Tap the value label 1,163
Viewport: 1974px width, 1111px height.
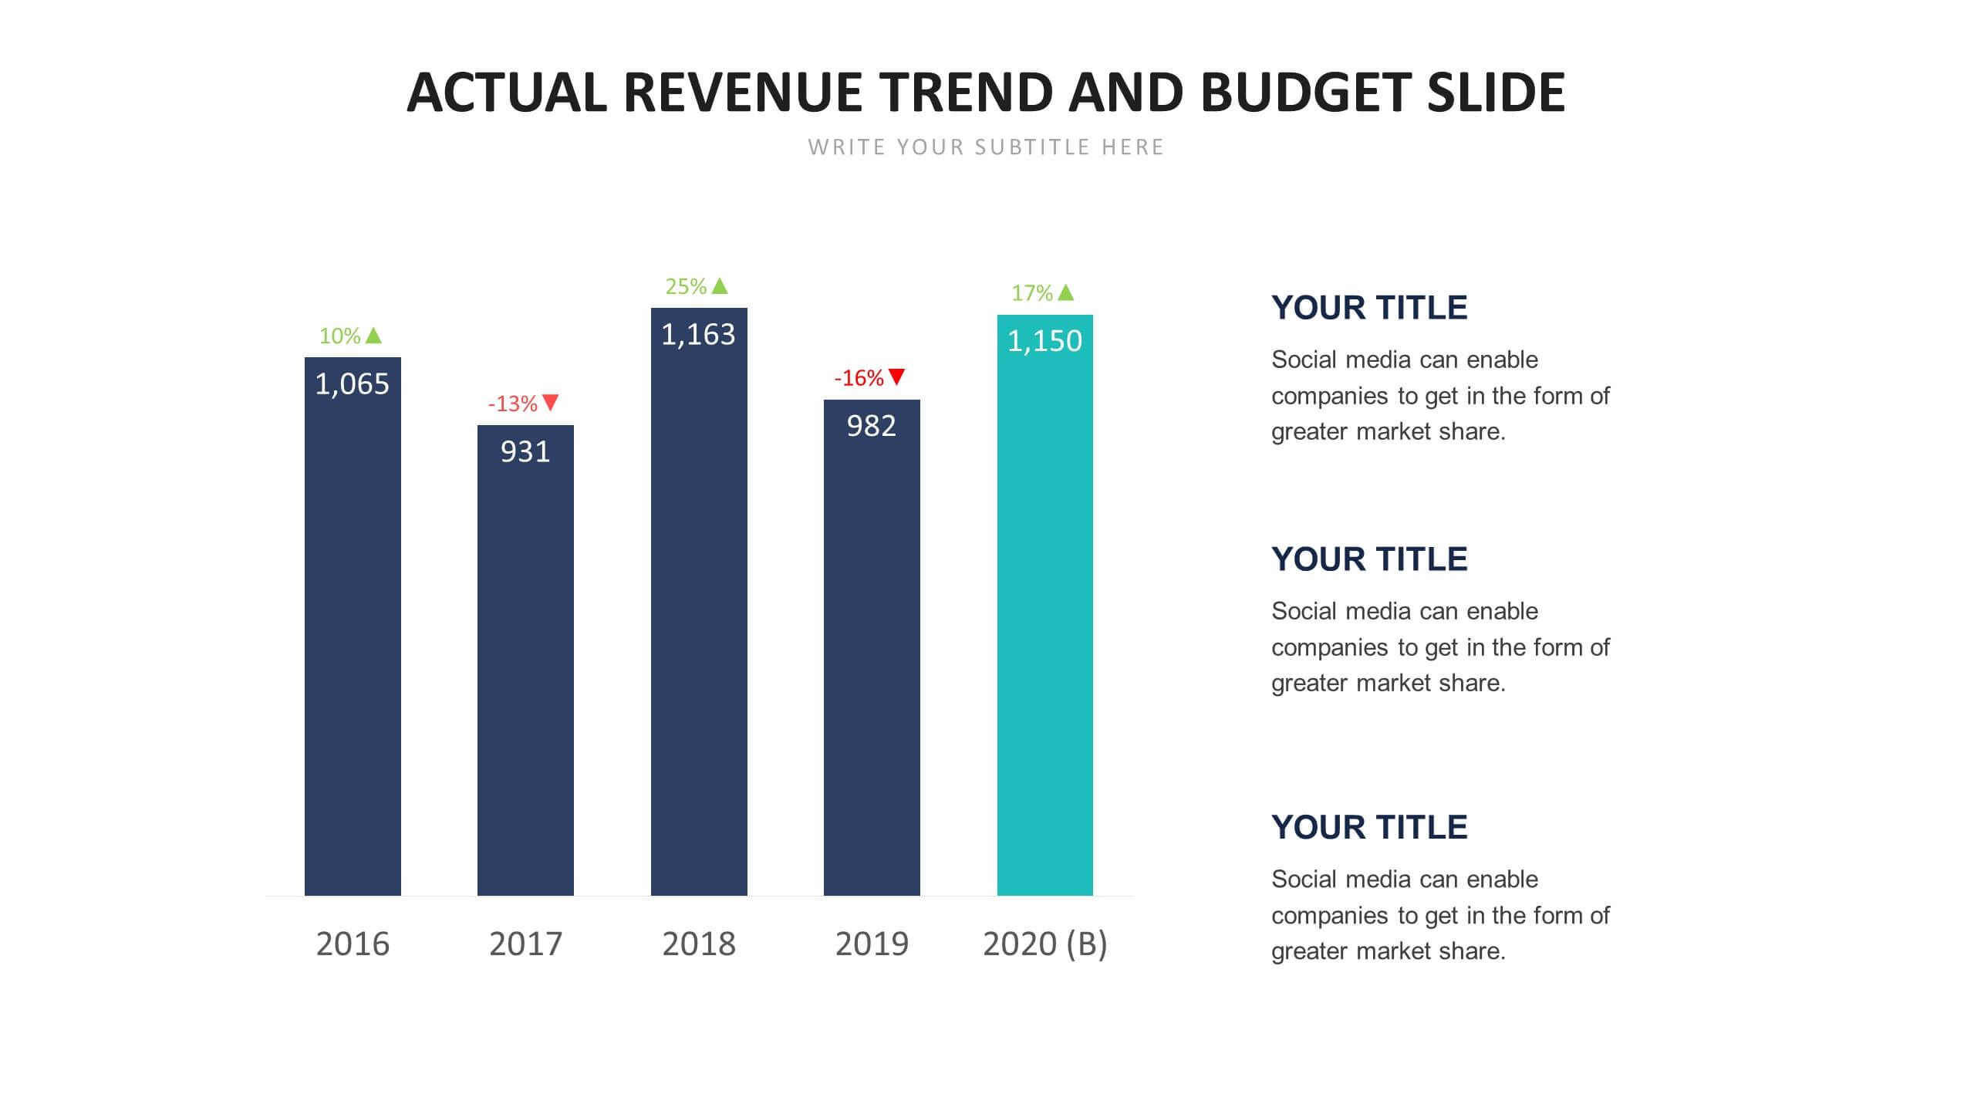click(698, 335)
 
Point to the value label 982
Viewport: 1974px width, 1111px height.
click(872, 426)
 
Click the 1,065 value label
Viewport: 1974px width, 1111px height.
click(353, 384)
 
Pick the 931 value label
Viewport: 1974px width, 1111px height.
click(525, 452)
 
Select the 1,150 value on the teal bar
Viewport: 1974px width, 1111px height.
click(1044, 341)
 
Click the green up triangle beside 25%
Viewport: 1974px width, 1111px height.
click(720, 286)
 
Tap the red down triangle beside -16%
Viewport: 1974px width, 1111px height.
click(896, 377)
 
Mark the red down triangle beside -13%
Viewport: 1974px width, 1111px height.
click(550, 402)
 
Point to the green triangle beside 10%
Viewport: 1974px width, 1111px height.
click(373, 336)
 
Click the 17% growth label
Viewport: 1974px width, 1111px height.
click(1032, 293)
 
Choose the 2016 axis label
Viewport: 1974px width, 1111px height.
click(353, 944)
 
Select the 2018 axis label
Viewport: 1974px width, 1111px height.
click(699, 944)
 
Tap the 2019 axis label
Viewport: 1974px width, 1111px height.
click(872, 944)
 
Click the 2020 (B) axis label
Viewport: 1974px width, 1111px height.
click(1044, 944)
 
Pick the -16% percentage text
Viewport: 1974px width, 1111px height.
click(859, 378)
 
